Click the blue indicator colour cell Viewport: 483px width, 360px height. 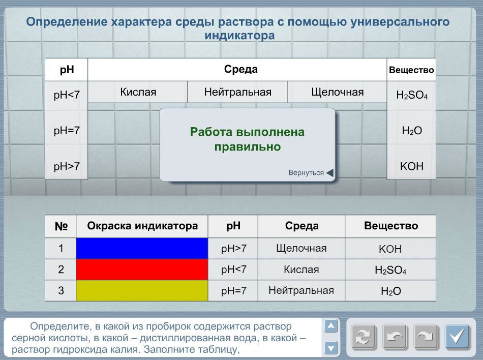pos(142,248)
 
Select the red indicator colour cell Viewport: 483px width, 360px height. pos(142,269)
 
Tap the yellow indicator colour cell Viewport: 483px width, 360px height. pos(142,290)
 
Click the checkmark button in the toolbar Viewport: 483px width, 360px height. pos(457,336)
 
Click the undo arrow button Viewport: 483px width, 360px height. pos(395,336)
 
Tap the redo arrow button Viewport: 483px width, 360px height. pos(426,336)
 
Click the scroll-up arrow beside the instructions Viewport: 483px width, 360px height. pos(331,326)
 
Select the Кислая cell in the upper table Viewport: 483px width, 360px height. pos(138,92)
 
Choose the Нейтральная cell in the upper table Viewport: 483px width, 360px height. pos(237,92)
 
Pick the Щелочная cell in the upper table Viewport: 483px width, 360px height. pos(337,92)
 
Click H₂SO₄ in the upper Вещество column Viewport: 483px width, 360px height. pos(412,95)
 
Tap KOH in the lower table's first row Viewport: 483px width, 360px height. pos(390,249)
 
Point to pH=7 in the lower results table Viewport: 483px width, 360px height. pos(234,291)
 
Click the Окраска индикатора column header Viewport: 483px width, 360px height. pos(142,226)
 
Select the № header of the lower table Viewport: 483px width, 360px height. pos(61,226)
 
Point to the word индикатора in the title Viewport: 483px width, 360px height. pos(239,36)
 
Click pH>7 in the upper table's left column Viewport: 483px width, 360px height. pos(67,166)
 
